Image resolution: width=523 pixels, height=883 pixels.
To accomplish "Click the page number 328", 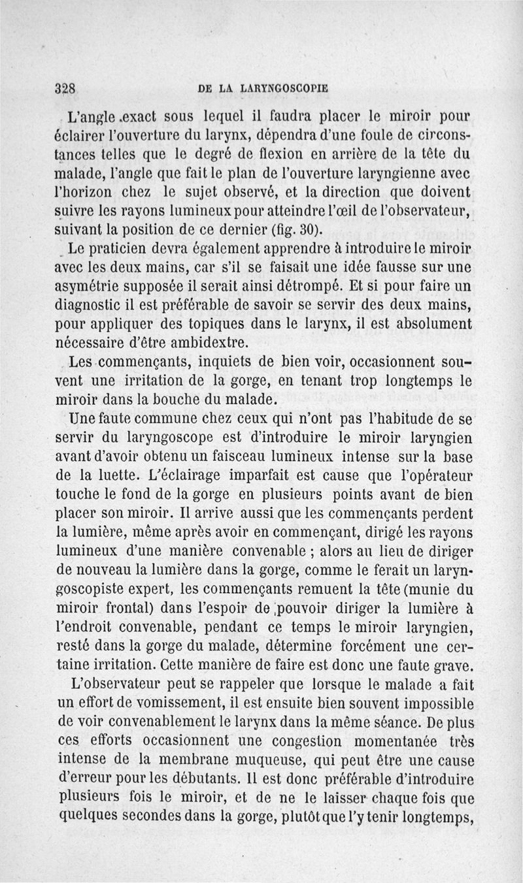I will [x=67, y=89].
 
